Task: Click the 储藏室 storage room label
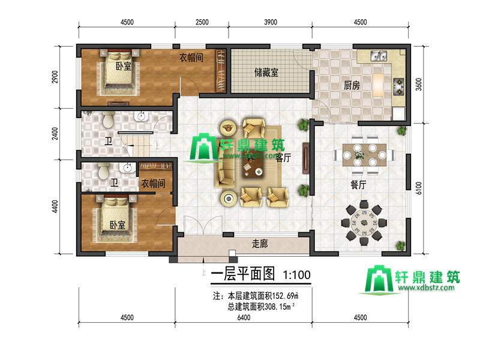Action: point(266,73)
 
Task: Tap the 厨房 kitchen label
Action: point(352,85)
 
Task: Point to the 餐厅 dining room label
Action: point(358,185)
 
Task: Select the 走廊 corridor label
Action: point(260,244)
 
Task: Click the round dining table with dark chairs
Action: point(364,223)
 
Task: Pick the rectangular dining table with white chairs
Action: point(364,155)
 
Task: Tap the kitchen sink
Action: point(379,56)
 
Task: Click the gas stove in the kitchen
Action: point(398,86)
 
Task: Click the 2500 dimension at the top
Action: point(202,22)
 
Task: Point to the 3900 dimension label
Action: point(271,22)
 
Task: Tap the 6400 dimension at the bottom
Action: point(244,317)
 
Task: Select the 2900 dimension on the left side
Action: point(55,77)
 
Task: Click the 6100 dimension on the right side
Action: point(419,188)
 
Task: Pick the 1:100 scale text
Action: point(296,275)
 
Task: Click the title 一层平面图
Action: point(243,274)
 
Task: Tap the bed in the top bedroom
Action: point(119,71)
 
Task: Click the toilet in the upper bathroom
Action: point(109,119)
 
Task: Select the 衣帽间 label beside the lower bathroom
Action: point(153,184)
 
